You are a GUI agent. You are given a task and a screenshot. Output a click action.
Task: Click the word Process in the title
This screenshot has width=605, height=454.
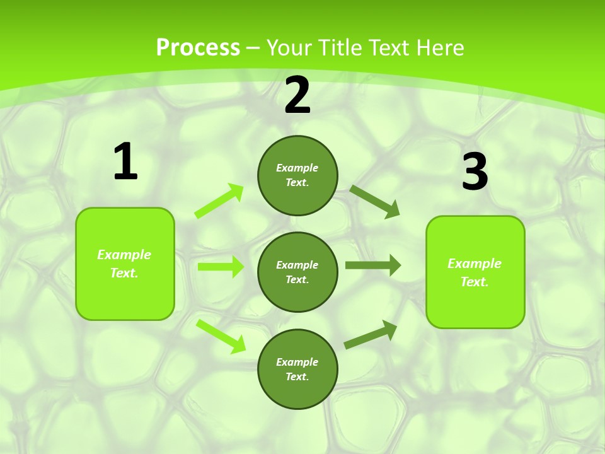[198, 48]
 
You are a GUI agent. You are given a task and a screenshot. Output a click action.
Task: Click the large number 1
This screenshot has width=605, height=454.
[125, 162]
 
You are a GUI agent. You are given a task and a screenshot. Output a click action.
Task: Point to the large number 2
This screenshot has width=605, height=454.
[297, 95]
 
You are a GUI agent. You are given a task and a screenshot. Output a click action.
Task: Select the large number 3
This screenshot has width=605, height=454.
[475, 172]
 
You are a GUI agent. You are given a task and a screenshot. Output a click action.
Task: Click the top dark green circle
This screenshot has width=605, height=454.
[297, 175]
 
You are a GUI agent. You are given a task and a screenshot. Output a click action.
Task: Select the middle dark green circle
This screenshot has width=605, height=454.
[297, 272]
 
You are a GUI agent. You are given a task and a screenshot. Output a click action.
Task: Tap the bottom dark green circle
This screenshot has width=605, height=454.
[297, 369]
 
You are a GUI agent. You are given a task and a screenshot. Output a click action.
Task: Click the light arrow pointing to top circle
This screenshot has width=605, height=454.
[219, 201]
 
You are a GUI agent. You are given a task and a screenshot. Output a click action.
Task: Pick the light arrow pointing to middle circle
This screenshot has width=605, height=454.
[221, 267]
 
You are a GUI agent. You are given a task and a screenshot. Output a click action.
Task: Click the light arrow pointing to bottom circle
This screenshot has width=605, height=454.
[221, 336]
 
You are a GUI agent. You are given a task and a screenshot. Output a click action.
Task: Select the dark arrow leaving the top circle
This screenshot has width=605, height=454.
[375, 202]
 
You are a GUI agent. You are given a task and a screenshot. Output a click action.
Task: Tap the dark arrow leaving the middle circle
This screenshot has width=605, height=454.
[373, 265]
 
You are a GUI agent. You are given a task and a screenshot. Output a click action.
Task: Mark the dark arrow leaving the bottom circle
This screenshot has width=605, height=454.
[371, 334]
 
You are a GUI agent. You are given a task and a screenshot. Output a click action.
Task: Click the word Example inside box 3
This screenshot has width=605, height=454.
[475, 264]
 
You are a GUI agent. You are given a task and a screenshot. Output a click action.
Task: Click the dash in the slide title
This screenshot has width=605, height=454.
[253, 48]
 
